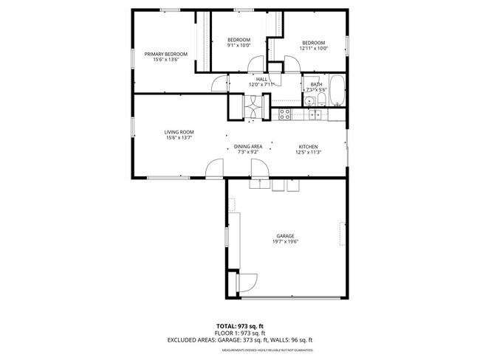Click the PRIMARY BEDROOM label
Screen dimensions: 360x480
click(165, 54)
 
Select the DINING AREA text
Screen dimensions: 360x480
click(248, 147)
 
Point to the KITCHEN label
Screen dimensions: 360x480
click(308, 147)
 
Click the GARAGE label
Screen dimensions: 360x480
click(285, 236)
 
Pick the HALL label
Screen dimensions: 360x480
click(261, 79)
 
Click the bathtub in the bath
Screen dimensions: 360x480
click(336, 90)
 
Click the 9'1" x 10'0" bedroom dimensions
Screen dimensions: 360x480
click(239, 45)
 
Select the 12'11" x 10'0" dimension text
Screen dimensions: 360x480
click(313, 49)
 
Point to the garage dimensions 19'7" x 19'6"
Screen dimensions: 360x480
click(285, 242)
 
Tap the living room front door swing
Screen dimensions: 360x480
click(214, 170)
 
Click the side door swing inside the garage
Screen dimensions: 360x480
click(246, 283)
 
